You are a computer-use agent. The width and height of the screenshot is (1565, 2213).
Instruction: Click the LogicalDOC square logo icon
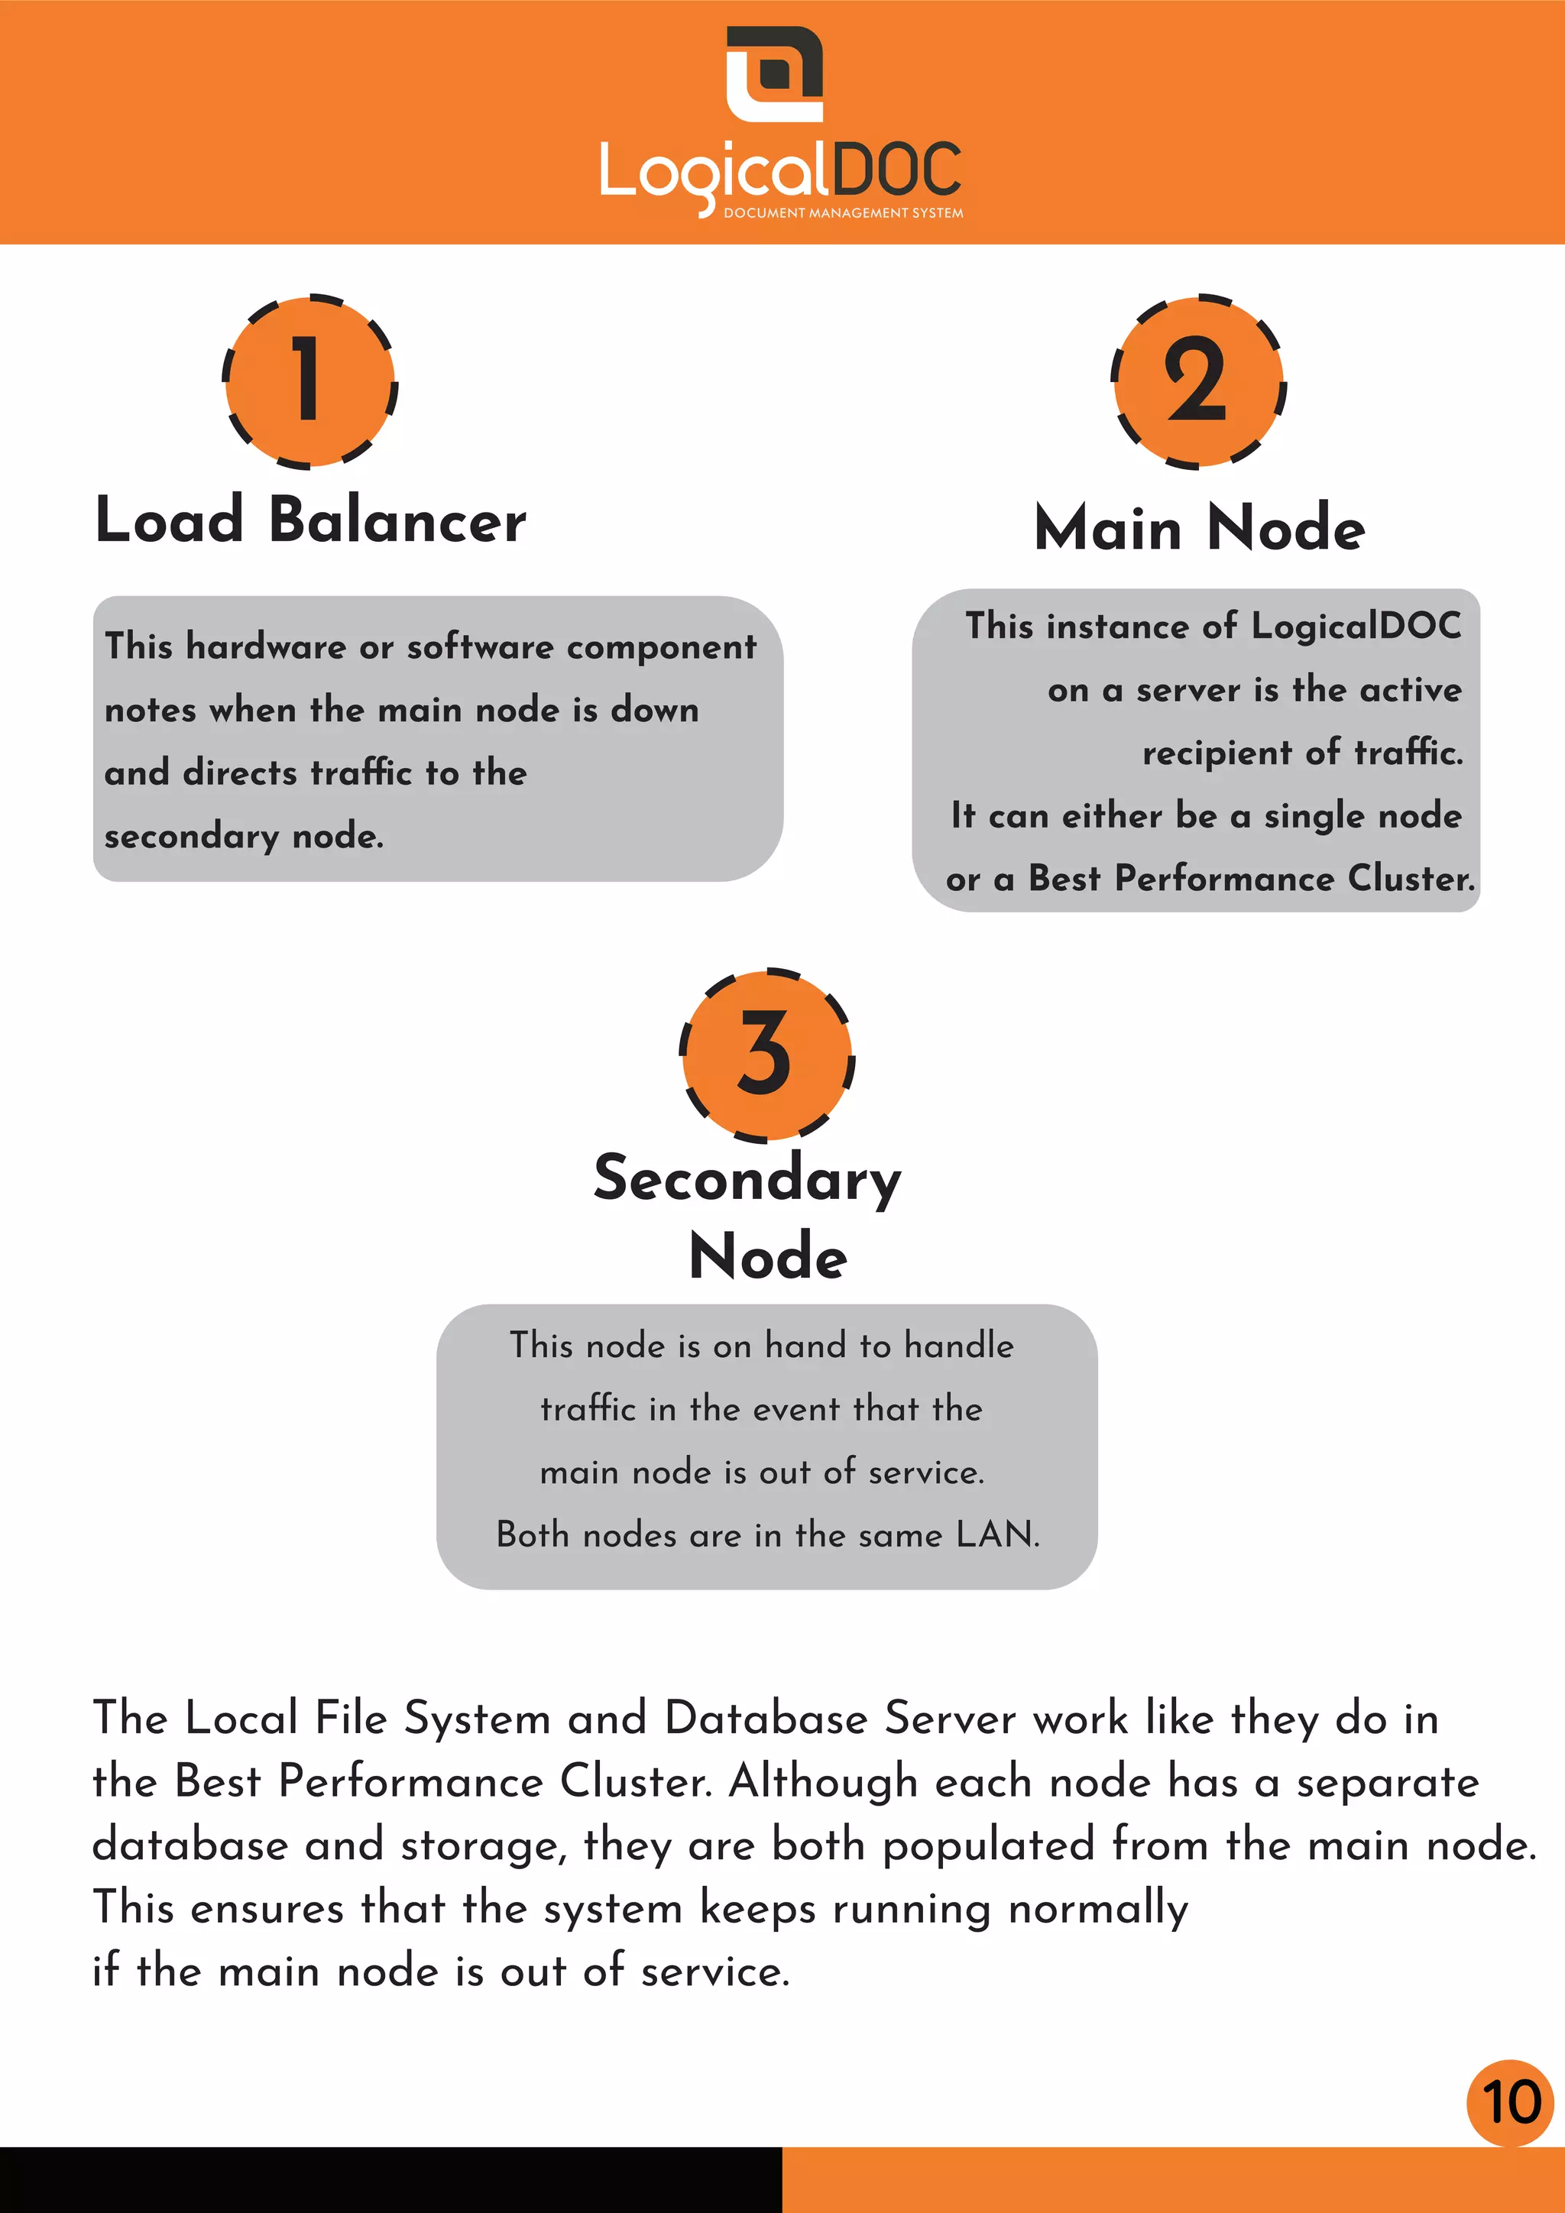click(774, 73)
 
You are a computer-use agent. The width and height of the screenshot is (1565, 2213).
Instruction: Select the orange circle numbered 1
click(309, 381)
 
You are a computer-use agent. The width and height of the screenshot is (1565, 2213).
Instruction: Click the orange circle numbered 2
click(1198, 381)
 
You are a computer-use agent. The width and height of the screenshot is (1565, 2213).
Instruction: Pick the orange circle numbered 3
click(767, 1055)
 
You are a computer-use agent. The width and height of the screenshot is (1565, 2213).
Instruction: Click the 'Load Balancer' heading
click(310, 520)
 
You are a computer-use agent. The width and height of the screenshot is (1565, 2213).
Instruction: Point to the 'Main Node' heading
click(1199, 528)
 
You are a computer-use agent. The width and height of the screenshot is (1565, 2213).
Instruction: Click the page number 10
click(1510, 2102)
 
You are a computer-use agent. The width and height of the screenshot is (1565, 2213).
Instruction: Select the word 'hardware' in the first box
click(265, 646)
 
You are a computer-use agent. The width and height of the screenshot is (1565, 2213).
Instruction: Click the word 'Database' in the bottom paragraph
click(766, 1719)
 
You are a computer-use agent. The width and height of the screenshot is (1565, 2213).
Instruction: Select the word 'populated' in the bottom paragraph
click(988, 1845)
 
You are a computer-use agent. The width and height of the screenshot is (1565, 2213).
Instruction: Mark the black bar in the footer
click(390, 2179)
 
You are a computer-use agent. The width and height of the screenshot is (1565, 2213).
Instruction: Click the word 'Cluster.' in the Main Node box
click(1411, 879)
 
